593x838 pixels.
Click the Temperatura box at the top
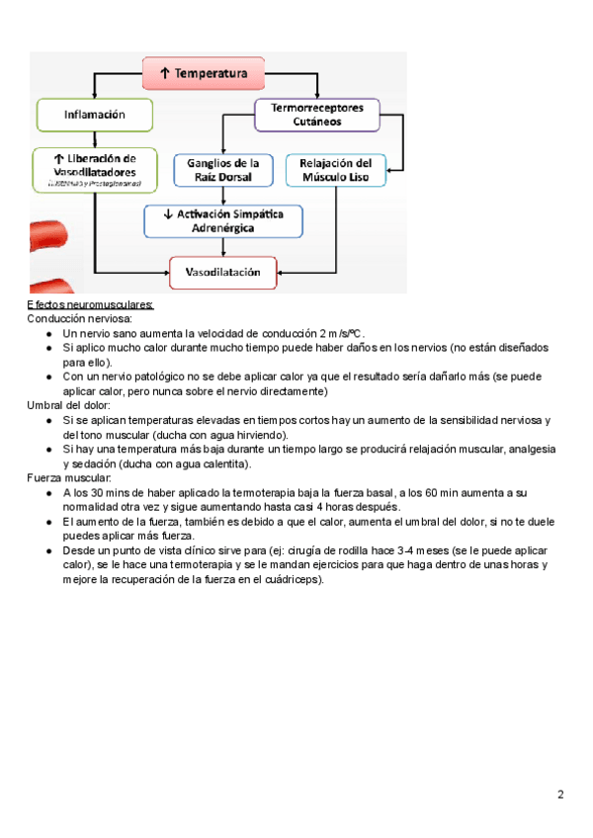[x=204, y=73]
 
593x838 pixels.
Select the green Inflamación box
[x=95, y=115]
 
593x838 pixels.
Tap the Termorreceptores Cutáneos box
[x=317, y=114]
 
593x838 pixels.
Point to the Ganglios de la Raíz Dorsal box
[x=223, y=170]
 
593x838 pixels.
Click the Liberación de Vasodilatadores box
[x=95, y=169]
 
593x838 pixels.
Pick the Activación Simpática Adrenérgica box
[x=223, y=220]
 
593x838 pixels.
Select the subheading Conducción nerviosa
[x=78, y=320]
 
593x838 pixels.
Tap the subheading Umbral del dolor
[x=70, y=405]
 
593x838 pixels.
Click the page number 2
[x=560, y=795]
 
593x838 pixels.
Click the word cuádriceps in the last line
[x=293, y=579]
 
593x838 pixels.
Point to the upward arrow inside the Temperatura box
[x=164, y=73]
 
